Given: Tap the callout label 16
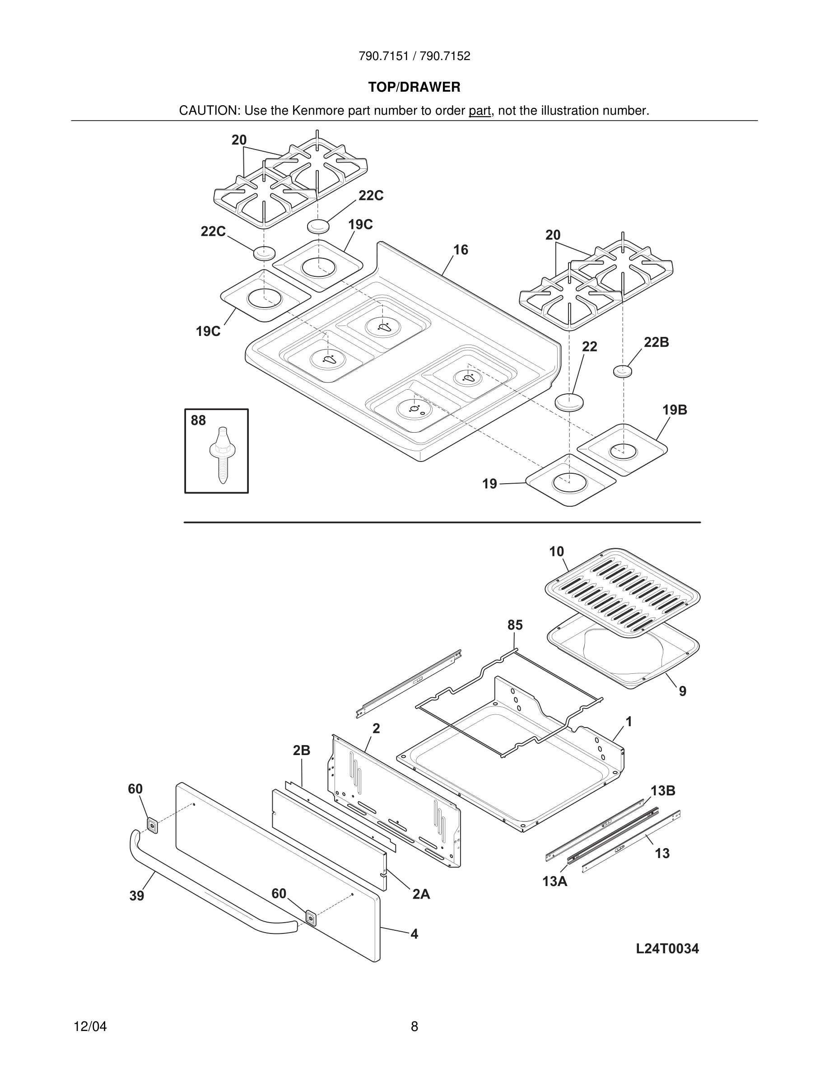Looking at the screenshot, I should (x=460, y=250).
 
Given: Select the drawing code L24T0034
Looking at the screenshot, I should (x=667, y=948).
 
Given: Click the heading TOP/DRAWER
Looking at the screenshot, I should (x=414, y=88).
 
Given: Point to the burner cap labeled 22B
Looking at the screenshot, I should (x=623, y=371).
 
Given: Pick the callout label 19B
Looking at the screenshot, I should (x=674, y=410).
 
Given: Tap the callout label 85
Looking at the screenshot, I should (x=515, y=625).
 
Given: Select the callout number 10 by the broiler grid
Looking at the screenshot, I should (x=556, y=552).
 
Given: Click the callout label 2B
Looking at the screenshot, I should (x=302, y=750).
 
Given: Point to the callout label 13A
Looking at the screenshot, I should (x=554, y=882).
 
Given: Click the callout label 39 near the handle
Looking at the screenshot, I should (x=136, y=896).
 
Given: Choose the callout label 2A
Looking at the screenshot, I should (x=421, y=894).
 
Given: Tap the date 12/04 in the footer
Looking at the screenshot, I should (x=90, y=1026).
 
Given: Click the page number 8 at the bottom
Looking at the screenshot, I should (x=414, y=1026).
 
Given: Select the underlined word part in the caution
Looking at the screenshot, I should (x=480, y=111).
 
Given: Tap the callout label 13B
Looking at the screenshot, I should (x=663, y=790).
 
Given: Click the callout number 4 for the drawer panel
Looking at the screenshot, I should (x=414, y=933).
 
